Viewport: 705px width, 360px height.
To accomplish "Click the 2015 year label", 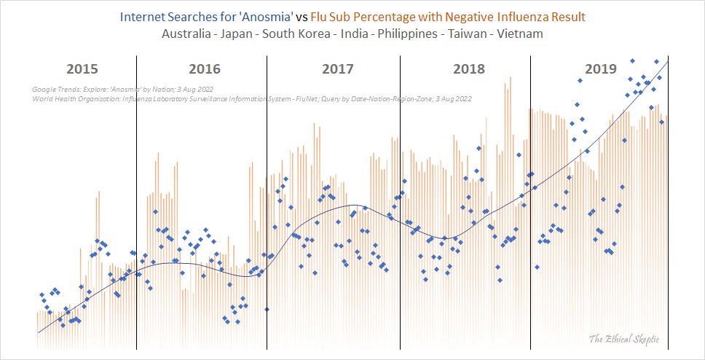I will [82, 69].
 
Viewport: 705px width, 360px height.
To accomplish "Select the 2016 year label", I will [205, 69].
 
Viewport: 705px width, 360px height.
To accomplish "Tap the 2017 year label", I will [337, 69].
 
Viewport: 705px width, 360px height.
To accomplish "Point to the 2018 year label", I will [468, 69].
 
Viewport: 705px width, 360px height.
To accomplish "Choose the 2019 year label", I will [600, 69].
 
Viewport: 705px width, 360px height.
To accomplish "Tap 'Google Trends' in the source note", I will [55, 89].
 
